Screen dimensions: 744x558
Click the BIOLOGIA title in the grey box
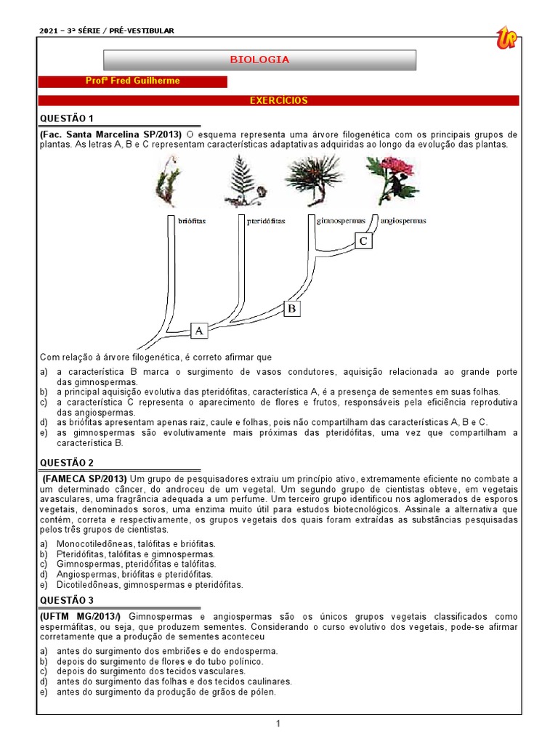[259, 60]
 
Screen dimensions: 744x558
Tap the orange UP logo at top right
[506, 37]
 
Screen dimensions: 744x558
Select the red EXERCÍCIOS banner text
[279, 100]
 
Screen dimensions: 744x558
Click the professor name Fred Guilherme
[132, 81]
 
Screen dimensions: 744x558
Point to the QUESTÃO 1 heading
[66, 118]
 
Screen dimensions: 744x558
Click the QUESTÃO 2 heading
[66, 462]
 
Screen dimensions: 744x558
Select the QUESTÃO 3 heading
[66, 599]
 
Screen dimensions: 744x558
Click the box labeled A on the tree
[200, 331]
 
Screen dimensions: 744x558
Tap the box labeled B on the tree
[291, 309]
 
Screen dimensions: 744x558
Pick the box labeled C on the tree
[365, 241]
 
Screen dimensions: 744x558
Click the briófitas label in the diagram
[191, 220]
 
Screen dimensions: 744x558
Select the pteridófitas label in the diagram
[266, 220]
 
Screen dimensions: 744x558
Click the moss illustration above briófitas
[166, 185]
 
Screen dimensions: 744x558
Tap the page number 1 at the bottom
[278, 724]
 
